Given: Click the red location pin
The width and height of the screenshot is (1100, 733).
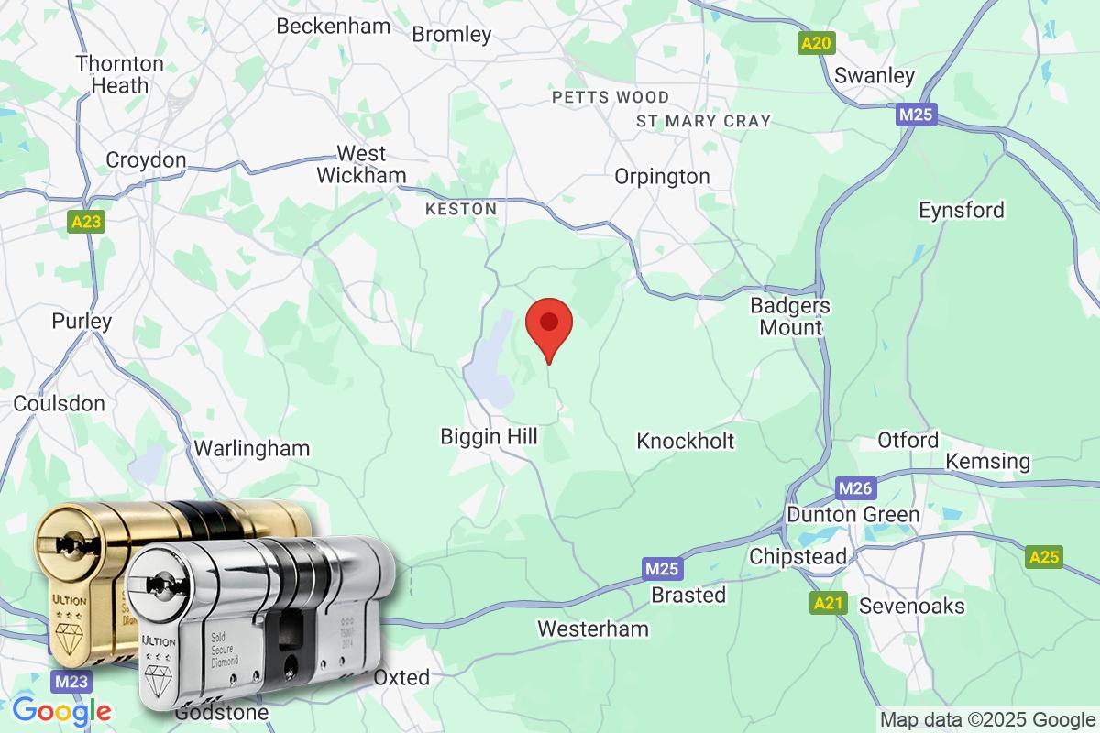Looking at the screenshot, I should pyautogui.click(x=548, y=326).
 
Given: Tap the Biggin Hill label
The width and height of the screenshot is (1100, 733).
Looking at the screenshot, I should pyautogui.click(x=489, y=436).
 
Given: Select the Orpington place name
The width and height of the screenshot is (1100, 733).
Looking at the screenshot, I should pyautogui.click(x=662, y=176).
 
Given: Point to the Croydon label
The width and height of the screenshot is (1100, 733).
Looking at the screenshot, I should pyautogui.click(x=146, y=160).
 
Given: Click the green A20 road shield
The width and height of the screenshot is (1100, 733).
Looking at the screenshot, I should pyautogui.click(x=815, y=43).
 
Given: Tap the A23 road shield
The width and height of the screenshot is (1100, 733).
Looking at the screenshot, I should pyautogui.click(x=86, y=222).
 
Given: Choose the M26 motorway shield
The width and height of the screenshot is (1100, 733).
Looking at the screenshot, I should pyautogui.click(x=853, y=488).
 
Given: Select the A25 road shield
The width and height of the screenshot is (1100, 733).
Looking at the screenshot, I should pyautogui.click(x=1044, y=556).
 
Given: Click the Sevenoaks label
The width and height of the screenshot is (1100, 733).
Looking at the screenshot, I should pyautogui.click(x=911, y=606).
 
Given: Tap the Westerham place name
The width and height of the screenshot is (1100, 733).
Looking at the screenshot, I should pyautogui.click(x=592, y=629).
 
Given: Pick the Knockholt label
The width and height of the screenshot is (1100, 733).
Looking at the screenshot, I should pyautogui.click(x=685, y=441).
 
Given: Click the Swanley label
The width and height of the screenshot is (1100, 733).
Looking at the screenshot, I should pyautogui.click(x=874, y=75).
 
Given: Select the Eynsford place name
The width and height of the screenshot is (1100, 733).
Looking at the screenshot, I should pyautogui.click(x=962, y=210).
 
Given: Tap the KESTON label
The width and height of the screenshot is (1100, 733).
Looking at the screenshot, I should pyautogui.click(x=461, y=209).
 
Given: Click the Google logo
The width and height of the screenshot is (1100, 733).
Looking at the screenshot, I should pyautogui.click(x=61, y=710).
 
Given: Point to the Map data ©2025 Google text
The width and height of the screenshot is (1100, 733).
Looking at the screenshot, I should pyautogui.click(x=987, y=719).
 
